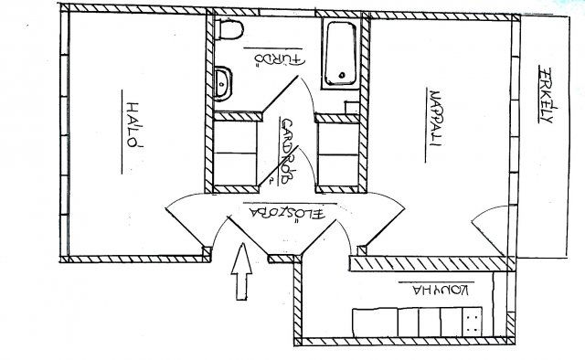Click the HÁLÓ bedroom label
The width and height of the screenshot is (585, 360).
[x=134, y=125]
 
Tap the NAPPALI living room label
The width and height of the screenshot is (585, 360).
[x=435, y=118]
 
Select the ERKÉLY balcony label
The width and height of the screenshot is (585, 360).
[x=547, y=96]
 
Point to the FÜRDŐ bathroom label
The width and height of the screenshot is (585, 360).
[x=280, y=59]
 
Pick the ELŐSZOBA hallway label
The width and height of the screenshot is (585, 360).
[x=287, y=214]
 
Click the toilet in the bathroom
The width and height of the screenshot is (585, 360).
[x=229, y=29]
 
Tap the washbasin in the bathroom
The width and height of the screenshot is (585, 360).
[x=223, y=83]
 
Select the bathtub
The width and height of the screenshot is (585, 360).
[x=341, y=54]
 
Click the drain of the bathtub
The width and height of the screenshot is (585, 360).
[x=341, y=75]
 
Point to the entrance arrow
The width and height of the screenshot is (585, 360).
[x=241, y=271]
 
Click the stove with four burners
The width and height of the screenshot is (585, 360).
[x=472, y=322]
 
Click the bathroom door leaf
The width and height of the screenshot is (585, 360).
[x=280, y=93]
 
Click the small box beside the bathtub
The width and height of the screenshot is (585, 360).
[x=352, y=108]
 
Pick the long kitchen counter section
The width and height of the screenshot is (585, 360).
[x=375, y=323]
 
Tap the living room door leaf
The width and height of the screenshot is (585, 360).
[x=386, y=228]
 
